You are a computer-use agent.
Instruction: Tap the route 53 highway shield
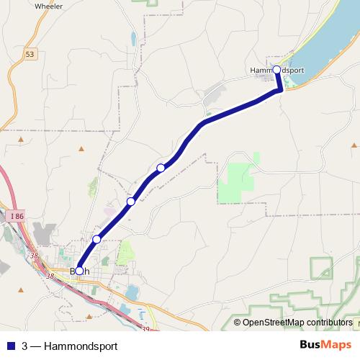coord(29,54)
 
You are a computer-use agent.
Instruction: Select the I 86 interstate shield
coord(17,215)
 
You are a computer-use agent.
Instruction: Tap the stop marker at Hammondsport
coord(277,69)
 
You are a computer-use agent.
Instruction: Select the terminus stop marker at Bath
coord(79,271)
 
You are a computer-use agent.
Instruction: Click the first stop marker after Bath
coord(96,239)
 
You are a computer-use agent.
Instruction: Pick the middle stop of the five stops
coord(130,202)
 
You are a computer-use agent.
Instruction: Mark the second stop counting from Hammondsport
coord(161,168)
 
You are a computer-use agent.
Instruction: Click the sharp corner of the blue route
coord(280,90)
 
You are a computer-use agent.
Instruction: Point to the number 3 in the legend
coord(25,346)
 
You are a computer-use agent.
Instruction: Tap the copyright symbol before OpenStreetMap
coord(237,322)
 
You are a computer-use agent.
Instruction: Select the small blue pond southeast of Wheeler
coord(132,37)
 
